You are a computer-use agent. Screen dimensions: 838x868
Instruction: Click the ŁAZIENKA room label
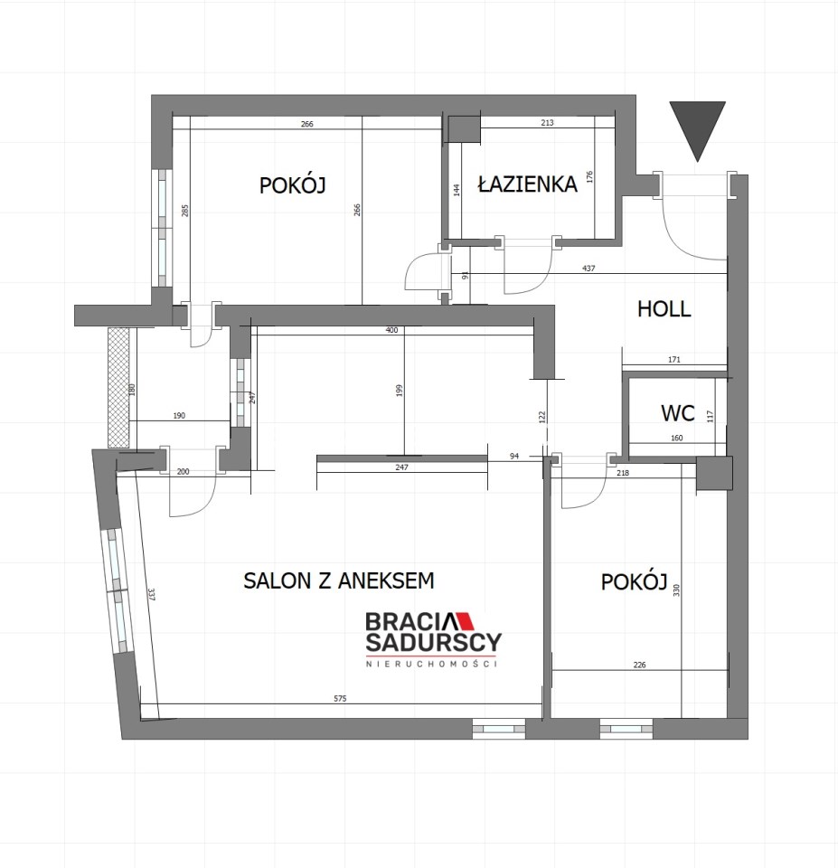527,184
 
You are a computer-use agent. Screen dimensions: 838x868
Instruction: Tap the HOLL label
664,309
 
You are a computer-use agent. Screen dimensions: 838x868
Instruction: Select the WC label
677,413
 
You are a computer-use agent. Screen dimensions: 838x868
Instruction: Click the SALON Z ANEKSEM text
339,580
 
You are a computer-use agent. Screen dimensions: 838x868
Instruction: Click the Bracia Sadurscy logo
433,639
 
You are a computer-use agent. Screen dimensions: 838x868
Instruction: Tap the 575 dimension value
340,699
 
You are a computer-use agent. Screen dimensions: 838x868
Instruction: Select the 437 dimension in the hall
588,269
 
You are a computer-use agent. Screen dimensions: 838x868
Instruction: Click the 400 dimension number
391,331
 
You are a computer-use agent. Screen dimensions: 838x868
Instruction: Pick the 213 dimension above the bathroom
547,123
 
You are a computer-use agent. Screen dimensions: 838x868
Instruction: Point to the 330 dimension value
676,590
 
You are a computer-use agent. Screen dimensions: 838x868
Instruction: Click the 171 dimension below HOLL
674,360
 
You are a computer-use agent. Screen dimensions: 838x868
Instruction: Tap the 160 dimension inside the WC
676,438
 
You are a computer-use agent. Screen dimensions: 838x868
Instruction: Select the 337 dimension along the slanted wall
151,595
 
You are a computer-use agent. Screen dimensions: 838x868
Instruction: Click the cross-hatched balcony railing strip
118,388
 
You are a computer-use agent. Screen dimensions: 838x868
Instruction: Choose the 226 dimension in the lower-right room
639,665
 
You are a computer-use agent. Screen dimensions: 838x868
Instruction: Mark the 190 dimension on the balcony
179,416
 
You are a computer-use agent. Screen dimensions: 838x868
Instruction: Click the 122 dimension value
541,417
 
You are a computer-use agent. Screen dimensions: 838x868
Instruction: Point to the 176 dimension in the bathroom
589,177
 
